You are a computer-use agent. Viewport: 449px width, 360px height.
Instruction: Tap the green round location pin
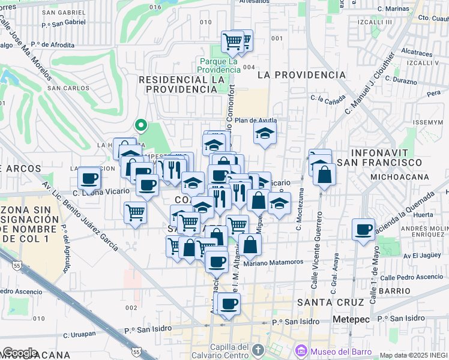tap(141, 125)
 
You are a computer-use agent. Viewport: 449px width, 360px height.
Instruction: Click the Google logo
tap(19, 353)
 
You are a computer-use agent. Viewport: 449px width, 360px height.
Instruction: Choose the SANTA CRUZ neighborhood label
tap(331, 302)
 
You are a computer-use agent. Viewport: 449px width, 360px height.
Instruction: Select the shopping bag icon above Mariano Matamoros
tap(250, 244)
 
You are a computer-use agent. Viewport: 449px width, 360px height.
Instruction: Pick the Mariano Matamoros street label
tap(274, 262)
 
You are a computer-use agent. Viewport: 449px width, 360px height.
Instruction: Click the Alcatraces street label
tap(417, 52)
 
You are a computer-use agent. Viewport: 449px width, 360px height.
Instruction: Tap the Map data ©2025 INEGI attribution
tap(414, 355)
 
